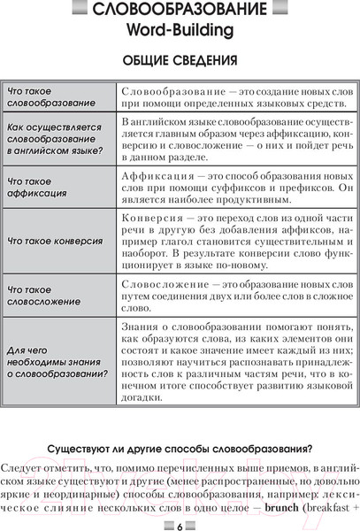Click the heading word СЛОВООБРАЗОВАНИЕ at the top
[180, 12]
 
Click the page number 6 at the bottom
[180, 521]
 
